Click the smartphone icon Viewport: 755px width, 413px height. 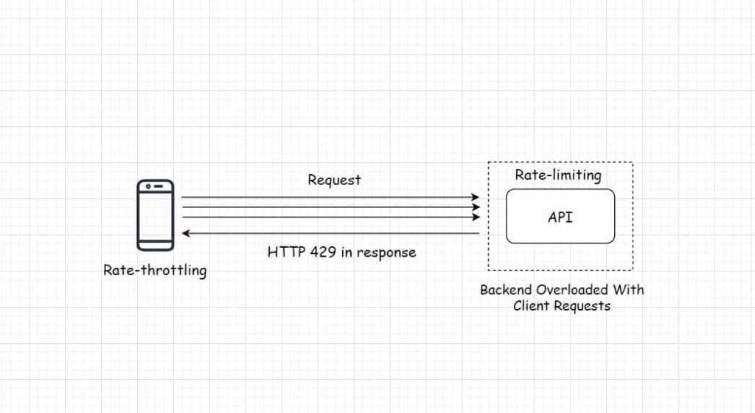(155, 215)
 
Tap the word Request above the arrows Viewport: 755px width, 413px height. (334, 180)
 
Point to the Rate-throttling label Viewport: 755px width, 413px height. (155, 271)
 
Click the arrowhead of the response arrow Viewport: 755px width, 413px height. (187, 234)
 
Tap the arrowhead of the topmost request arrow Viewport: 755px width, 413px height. (476, 198)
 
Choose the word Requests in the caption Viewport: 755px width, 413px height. (582, 305)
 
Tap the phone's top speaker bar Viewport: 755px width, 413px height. (155, 187)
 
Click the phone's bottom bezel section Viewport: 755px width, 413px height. (155, 243)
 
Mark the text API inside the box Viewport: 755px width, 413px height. (560, 217)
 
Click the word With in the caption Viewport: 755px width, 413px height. (629, 289)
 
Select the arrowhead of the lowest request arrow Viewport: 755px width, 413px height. (476, 218)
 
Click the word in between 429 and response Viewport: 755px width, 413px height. (347, 251)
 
